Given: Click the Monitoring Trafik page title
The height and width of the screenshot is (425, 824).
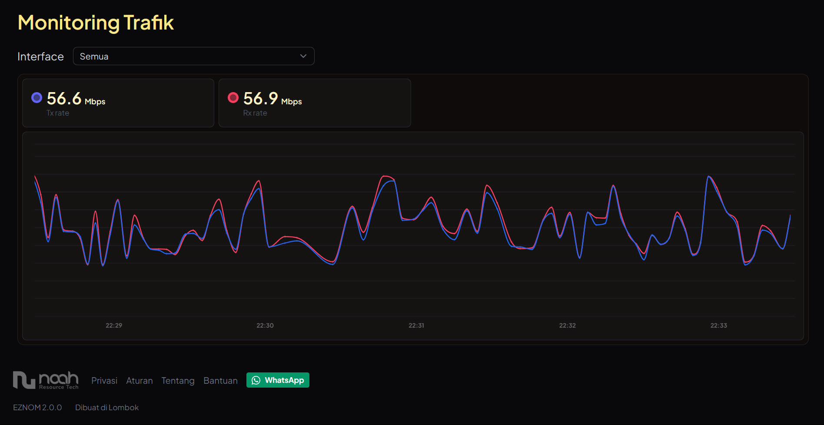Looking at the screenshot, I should coord(96,23).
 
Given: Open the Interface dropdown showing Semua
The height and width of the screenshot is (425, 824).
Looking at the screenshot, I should coord(193,56).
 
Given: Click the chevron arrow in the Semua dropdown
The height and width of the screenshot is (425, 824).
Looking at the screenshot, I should coord(303,56).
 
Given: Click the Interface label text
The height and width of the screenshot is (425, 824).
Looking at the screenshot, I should coord(40,56).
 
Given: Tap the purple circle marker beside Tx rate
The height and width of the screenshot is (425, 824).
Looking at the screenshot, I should coord(37,98).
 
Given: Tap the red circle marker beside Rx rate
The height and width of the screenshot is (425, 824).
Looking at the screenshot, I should coord(233,98).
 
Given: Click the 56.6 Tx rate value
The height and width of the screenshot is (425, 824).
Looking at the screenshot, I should coord(64,99).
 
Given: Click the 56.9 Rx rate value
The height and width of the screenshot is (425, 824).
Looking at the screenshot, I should coord(261,99).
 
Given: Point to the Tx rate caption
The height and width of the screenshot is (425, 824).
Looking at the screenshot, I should coord(58,113).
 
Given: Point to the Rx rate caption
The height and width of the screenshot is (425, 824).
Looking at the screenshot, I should coord(255,113).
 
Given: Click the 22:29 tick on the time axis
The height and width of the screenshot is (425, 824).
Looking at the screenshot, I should coord(114,325).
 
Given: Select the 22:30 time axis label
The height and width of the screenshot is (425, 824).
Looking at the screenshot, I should coord(265,325).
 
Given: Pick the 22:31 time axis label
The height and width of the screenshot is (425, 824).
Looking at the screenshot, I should coord(416,325).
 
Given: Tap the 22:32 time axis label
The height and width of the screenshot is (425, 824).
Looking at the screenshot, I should coord(568,325).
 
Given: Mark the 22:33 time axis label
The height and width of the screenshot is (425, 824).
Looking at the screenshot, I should coord(719,325).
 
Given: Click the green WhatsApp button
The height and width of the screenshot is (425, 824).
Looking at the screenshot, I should coord(278,380).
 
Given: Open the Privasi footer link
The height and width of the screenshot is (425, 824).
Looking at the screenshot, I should coord(104,381).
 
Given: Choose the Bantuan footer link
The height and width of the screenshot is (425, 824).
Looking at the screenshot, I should coord(220,381).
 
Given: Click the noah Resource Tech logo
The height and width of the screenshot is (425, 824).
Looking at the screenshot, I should coord(46,380).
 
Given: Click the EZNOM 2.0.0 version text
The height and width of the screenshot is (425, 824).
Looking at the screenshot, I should coord(37,408).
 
